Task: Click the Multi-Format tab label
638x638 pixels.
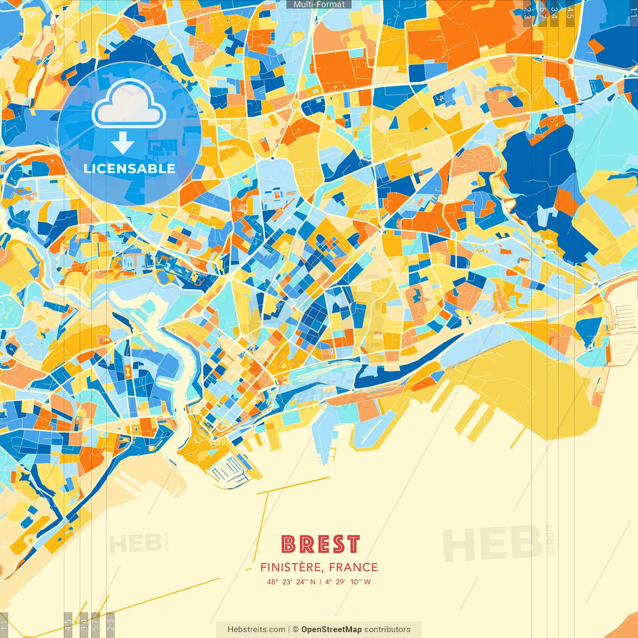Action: pos(319,4)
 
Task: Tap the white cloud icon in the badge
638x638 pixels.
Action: pos(129,103)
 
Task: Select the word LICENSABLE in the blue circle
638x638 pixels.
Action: pos(129,168)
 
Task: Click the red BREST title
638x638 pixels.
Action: pos(320,544)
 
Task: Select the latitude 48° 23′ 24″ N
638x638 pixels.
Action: pos(291,582)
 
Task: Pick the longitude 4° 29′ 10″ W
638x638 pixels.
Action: pos(348,582)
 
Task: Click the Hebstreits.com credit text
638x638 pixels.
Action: pos(256,630)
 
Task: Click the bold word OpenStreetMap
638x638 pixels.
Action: pos(331,630)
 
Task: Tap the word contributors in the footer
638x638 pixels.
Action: pos(387,630)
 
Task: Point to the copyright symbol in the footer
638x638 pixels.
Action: pos(295,630)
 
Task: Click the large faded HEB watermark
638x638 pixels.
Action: pos(492,543)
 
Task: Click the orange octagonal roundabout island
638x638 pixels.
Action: pos(569,60)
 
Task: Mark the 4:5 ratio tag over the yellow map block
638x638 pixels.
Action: pos(570,13)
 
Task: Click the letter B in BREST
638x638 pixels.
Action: pos(289,544)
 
